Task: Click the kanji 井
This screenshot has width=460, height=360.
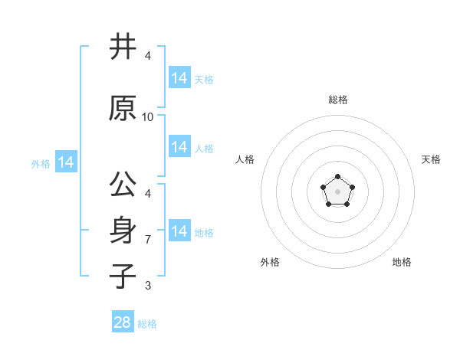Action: [x=123, y=47]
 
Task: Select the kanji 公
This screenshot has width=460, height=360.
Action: [x=123, y=185]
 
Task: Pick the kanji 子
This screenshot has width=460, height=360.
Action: [x=123, y=275]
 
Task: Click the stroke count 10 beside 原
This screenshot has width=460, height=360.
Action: [x=148, y=116]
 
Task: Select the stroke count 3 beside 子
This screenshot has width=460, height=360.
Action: [x=148, y=286]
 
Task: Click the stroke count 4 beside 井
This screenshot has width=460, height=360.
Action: [x=148, y=56]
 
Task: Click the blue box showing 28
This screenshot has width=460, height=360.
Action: [x=123, y=322]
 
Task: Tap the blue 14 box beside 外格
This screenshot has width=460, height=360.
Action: [x=66, y=162]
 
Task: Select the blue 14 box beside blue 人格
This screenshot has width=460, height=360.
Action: [x=179, y=147]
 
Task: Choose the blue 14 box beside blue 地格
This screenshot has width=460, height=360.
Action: [x=179, y=231]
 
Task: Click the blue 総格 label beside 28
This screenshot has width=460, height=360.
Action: [x=148, y=324]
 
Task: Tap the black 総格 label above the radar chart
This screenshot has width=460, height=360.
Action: [x=338, y=100]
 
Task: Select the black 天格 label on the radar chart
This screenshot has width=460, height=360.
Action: [x=431, y=159]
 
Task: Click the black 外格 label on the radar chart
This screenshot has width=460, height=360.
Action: [x=270, y=262]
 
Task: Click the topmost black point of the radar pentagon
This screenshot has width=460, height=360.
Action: [x=337, y=177]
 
